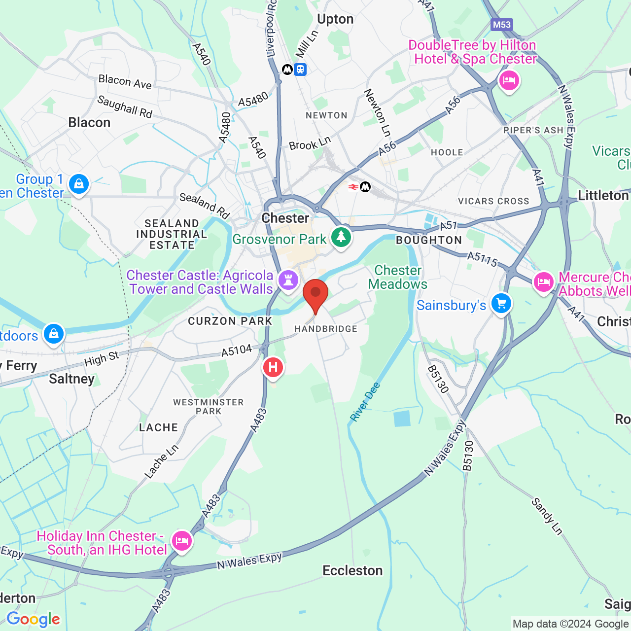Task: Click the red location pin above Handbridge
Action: pyautogui.click(x=315, y=294)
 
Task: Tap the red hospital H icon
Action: pyautogui.click(x=273, y=367)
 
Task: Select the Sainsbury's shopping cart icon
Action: pyautogui.click(x=501, y=303)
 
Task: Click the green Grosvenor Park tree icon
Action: pyautogui.click(x=341, y=237)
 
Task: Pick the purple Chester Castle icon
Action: pyautogui.click(x=288, y=280)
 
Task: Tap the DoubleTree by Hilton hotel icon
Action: pyautogui.click(x=509, y=80)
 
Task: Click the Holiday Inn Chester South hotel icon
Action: pyautogui.click(x=182, y=540)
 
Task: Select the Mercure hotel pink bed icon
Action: pyautogui.click(x=543, y=282)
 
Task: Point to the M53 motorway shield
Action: pyautogui.click(x=501, y=25)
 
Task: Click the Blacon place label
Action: pyautogui.click(x=89, y=122)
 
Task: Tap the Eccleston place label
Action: pyautogui.click(x=352, y=570)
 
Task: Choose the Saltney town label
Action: pyautogui.click(x=72, y=379)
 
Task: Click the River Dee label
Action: pyautogui.click(x=365, y=402)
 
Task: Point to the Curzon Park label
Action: pyautogui.click(x=230, y=321)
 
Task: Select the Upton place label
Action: pyautogui.click(x=335, y=19)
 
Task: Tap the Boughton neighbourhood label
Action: pyautogui.click(x=429, y=240)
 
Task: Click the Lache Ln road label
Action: pyautogui.click(x=161, y=461)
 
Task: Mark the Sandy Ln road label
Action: pyautogui.click(x=547, y=516)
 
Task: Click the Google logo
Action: pyautogui.click(x=33, y=619)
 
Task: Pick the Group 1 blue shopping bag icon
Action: pyautogui.click(x=78, y=184)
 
